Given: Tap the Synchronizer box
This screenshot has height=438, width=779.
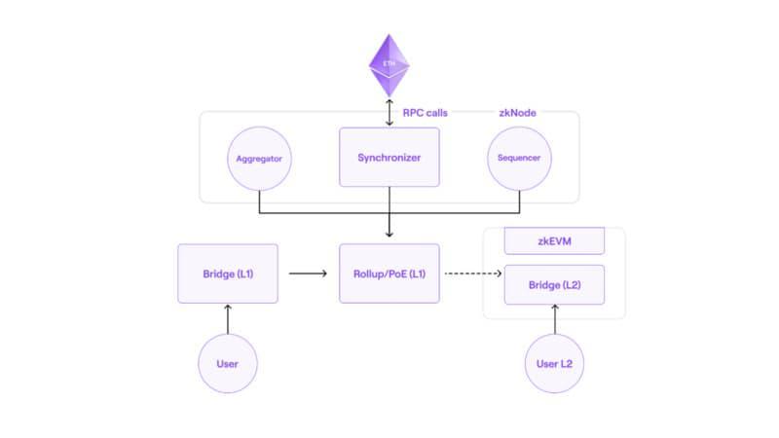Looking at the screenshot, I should point(389,156).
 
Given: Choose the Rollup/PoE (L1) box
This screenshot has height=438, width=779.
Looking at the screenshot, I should point(389,274).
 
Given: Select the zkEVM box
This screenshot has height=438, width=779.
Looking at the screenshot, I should point(554,240).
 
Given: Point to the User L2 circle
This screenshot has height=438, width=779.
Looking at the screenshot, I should point(554,363).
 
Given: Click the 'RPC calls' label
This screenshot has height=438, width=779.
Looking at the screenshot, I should point(426,113).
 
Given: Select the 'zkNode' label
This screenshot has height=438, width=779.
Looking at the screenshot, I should point(517,113).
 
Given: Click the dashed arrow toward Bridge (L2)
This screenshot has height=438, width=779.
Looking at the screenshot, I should point(473,274).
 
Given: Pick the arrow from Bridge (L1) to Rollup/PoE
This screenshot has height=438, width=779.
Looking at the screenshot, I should point(309,274).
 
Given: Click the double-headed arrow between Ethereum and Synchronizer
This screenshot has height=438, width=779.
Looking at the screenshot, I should point(389,113).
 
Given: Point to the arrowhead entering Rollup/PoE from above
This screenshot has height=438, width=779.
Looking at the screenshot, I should point(389,235).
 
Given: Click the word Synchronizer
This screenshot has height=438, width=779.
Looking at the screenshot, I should point(389,156).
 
